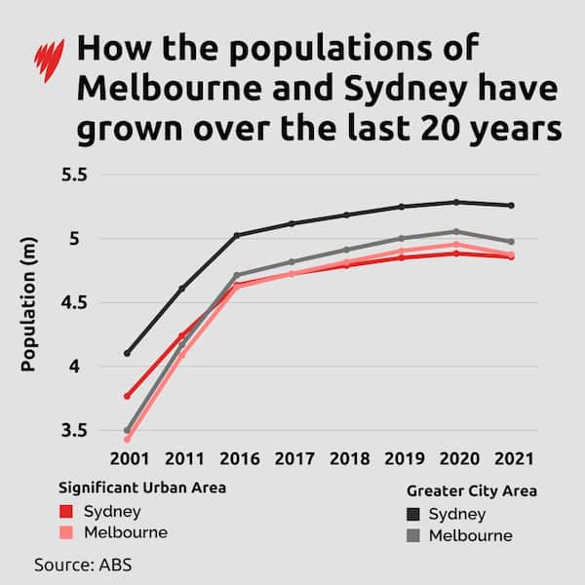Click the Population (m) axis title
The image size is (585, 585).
pos(29,303)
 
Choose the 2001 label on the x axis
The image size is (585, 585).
pos(126,457)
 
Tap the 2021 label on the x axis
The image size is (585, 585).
pos(511,457)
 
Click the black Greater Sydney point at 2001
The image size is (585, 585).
pos(127,353)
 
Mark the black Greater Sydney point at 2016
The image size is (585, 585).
pos(236,235)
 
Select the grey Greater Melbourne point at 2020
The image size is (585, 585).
pos(456,232)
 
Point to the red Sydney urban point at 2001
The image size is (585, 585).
pos(127,396)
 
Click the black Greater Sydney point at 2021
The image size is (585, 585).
pos(511,206)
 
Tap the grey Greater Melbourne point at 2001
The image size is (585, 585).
pos(127,430)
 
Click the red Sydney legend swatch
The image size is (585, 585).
pos(67,512)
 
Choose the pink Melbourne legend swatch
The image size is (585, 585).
pos(67,533)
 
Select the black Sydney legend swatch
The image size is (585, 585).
pos(413,515)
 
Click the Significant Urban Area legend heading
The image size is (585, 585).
pos(142,487)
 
